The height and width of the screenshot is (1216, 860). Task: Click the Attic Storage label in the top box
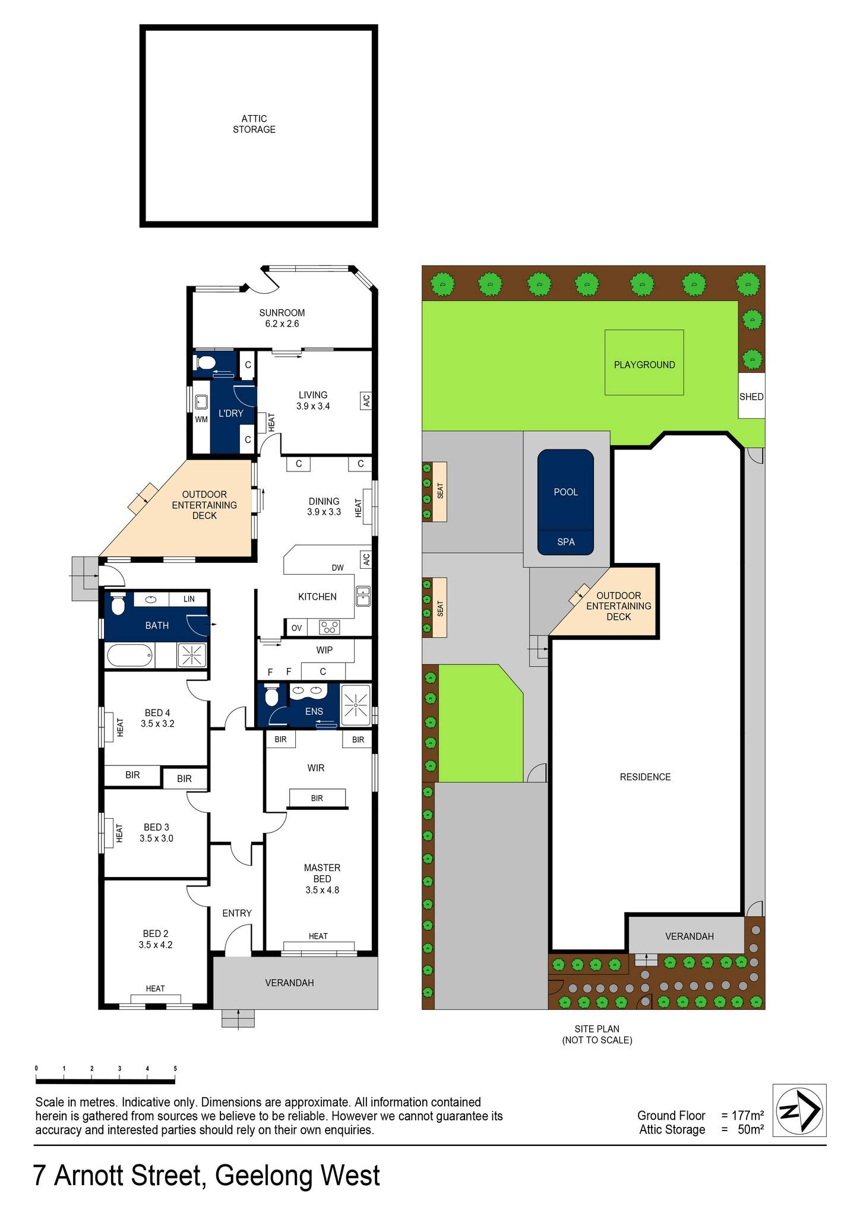(x=254, y=124)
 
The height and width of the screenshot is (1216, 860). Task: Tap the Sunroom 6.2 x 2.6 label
(x=282, y=318)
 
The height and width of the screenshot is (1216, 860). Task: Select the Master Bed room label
(x=322, y=879)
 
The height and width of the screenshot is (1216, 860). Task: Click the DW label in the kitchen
(x=337, y=568)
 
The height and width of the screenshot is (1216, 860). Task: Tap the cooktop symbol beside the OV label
(x=330, y=627)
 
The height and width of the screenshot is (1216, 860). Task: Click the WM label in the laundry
(x=201, y=419)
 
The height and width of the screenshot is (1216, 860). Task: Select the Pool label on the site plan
(x=565, y=492)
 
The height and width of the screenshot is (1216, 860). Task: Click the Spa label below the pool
(x=565, y=542)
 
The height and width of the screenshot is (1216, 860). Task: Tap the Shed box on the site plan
(x=751, y=396)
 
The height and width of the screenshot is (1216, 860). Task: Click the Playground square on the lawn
(x=644, y=363)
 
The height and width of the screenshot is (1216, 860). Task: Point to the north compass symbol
(x=799, y=1110)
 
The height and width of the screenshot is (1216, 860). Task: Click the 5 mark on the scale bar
(x=175, y=1069)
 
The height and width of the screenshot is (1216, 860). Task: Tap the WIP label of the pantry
(x=324, y=650)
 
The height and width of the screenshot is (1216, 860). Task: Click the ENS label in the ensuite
(x=314, y=711)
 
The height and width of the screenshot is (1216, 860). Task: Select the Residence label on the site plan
(x=645, y=777)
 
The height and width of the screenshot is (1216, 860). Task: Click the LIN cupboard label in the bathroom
(x=189, y=599)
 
